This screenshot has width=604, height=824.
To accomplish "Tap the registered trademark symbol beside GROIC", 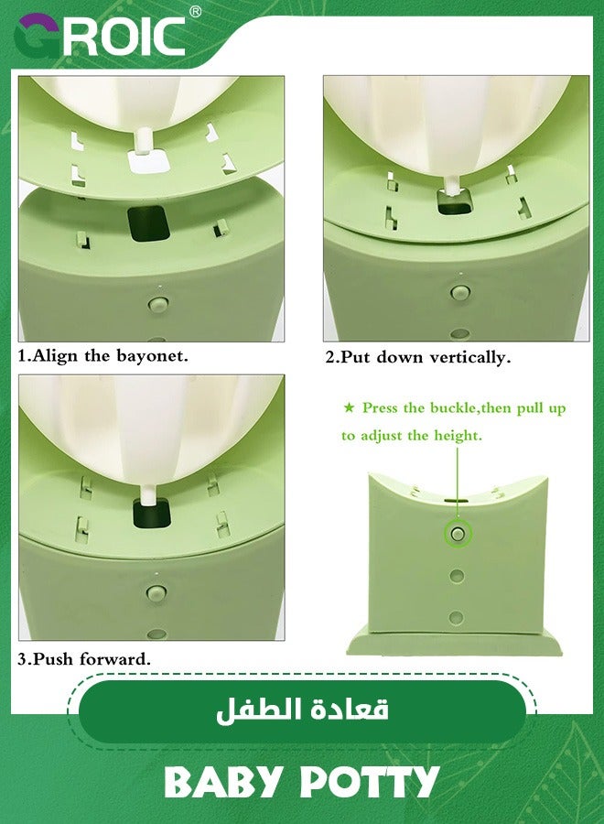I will (x=195, y=12).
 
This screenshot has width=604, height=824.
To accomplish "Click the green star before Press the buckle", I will (x=348, y=408).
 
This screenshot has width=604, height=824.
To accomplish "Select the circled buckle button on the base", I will (x=457, y=533).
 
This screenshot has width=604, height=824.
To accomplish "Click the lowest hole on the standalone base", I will (x=456, y=618).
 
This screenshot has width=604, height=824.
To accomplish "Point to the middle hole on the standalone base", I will (x=457, y=576).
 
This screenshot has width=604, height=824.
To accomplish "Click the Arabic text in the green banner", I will (x=302, y=710).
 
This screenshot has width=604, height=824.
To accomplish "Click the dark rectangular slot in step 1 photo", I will (x=148, y=223).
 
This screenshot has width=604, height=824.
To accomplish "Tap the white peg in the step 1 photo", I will (x=143, y=143).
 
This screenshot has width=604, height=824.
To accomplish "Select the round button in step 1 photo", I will (x=156, y=301).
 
